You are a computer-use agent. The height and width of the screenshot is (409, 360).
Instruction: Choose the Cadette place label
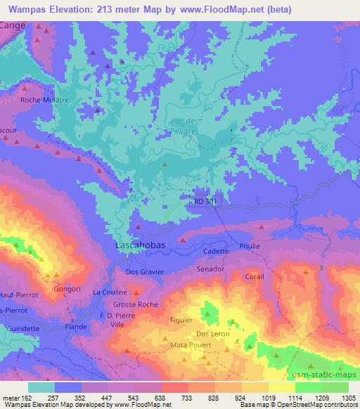216,251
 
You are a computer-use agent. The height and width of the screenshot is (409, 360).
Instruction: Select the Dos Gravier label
144,271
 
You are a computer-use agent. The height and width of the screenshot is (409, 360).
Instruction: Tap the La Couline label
110,292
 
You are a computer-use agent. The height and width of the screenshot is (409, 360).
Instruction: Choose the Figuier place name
181,320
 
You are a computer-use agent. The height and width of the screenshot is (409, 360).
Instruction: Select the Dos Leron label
212,333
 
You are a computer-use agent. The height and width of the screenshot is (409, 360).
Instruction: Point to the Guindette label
24,328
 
